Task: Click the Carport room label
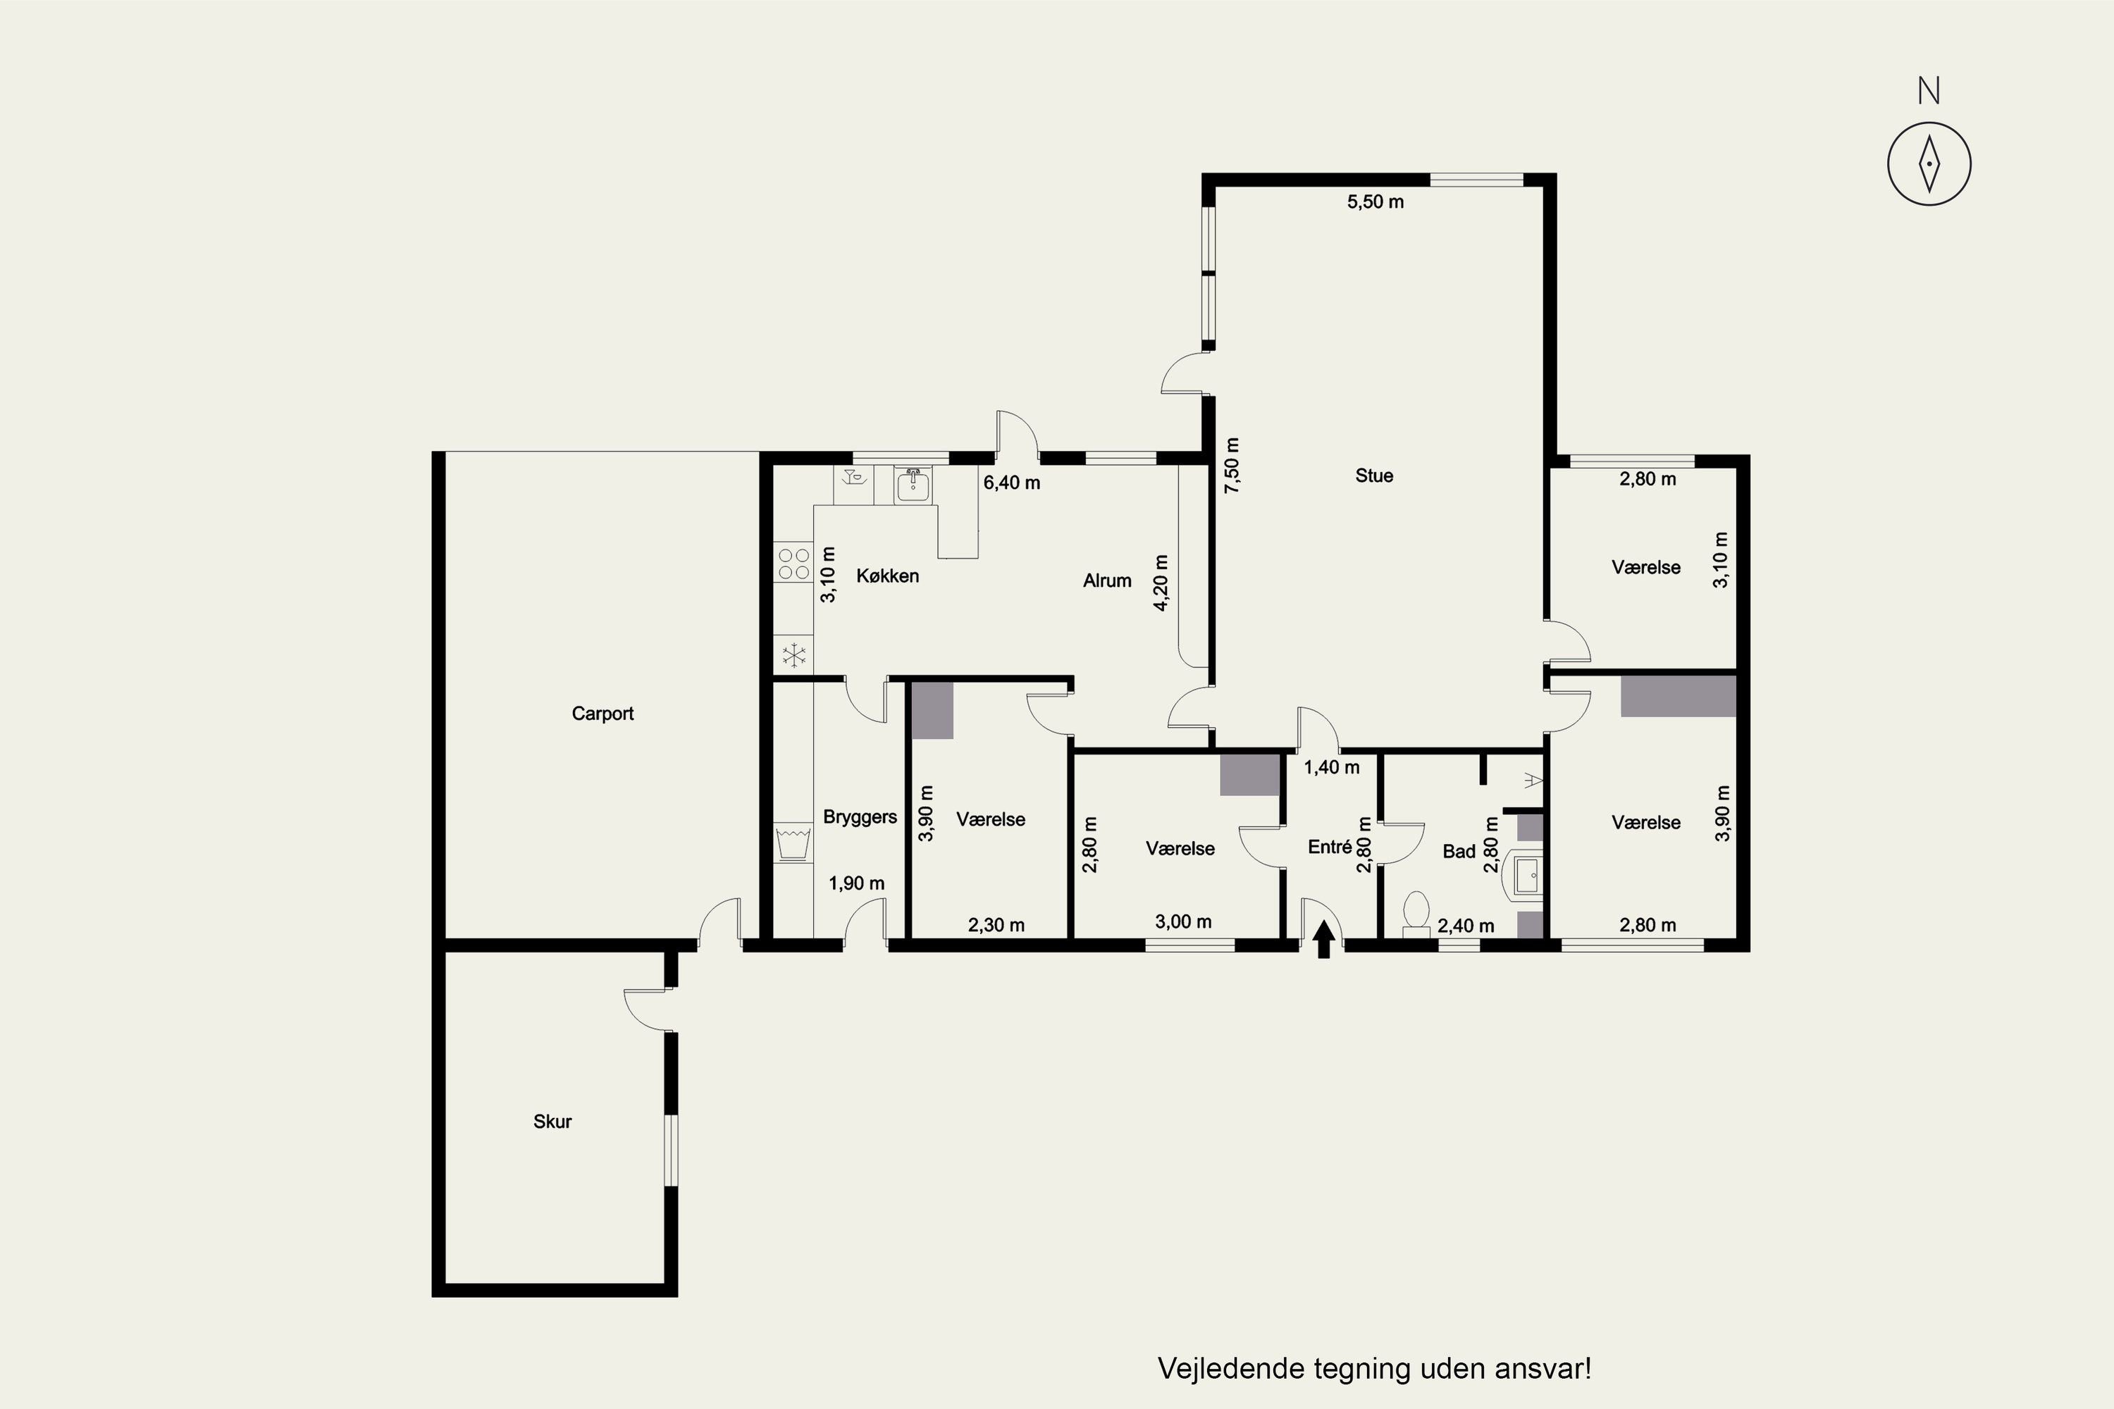pyautogui.click(x=602, y=714)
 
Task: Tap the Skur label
pyautogui.click(x=552, y=1122)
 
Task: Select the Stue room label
pyautogui.click(x=1373, y=476)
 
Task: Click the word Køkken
pyautogui.click(x=887, y=576)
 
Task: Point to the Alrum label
pyautogui.click(x=1106, y=581)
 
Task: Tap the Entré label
pyautogui.click(x=1329, y=847)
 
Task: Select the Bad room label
pyautogui.click(x=1459, y=851)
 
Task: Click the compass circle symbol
pyautogui.click(x=1929, y=164)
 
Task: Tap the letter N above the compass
pyautogui.click(x=1929, y=90)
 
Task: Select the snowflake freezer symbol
pyautogui.click(x=793, y=655)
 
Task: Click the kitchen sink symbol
pyautogui.click(x=913, y=485)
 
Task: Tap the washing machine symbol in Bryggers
pyautogui.click(x=793, y=843)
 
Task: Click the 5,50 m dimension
pyautogui.click(x=1376, y=202)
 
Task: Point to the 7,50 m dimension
pyautogui.click(x=1231, y=464)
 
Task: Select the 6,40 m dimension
pyautogui.click(x=1012, y=483)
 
